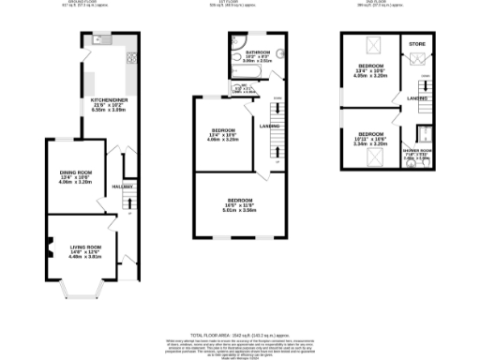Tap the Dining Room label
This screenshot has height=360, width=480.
click(x=76, y=172)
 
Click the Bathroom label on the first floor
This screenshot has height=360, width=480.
click(x=257, y=52)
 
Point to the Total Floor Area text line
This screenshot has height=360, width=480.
click(x=238, y=335)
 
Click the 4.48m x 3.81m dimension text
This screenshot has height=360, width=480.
click(x=83, y=257)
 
